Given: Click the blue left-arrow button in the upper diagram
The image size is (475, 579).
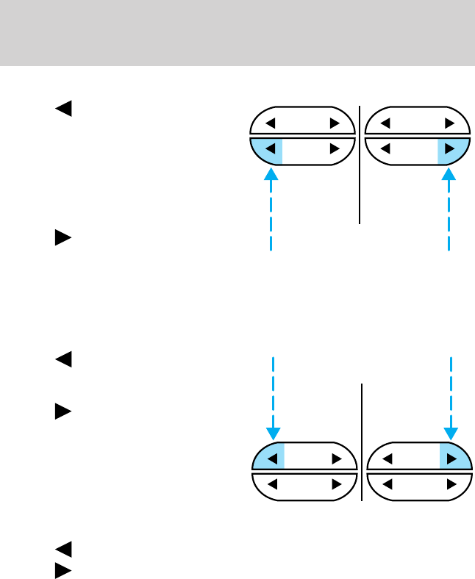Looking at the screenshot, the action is (x=270, y=149).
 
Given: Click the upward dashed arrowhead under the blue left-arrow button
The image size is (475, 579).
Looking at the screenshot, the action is (x=271, y=175).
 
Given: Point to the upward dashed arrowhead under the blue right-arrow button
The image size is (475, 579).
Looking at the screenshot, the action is (x=449, y=175).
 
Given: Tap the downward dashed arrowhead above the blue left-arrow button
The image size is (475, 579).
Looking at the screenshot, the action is (x=273, y=432).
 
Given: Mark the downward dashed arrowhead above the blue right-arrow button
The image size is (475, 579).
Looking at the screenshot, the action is (x=451, y=432).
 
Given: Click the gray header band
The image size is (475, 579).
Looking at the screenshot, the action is (x=238, y=32).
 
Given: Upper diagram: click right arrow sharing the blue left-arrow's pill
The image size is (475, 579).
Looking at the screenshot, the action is (x=335, y=149).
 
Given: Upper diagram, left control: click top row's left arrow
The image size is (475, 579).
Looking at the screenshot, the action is (x=270, y=123).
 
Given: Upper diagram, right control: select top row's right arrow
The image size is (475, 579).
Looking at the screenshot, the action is (x=449, y=123).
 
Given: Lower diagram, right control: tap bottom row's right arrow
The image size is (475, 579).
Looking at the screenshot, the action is (x=450, y=484).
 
